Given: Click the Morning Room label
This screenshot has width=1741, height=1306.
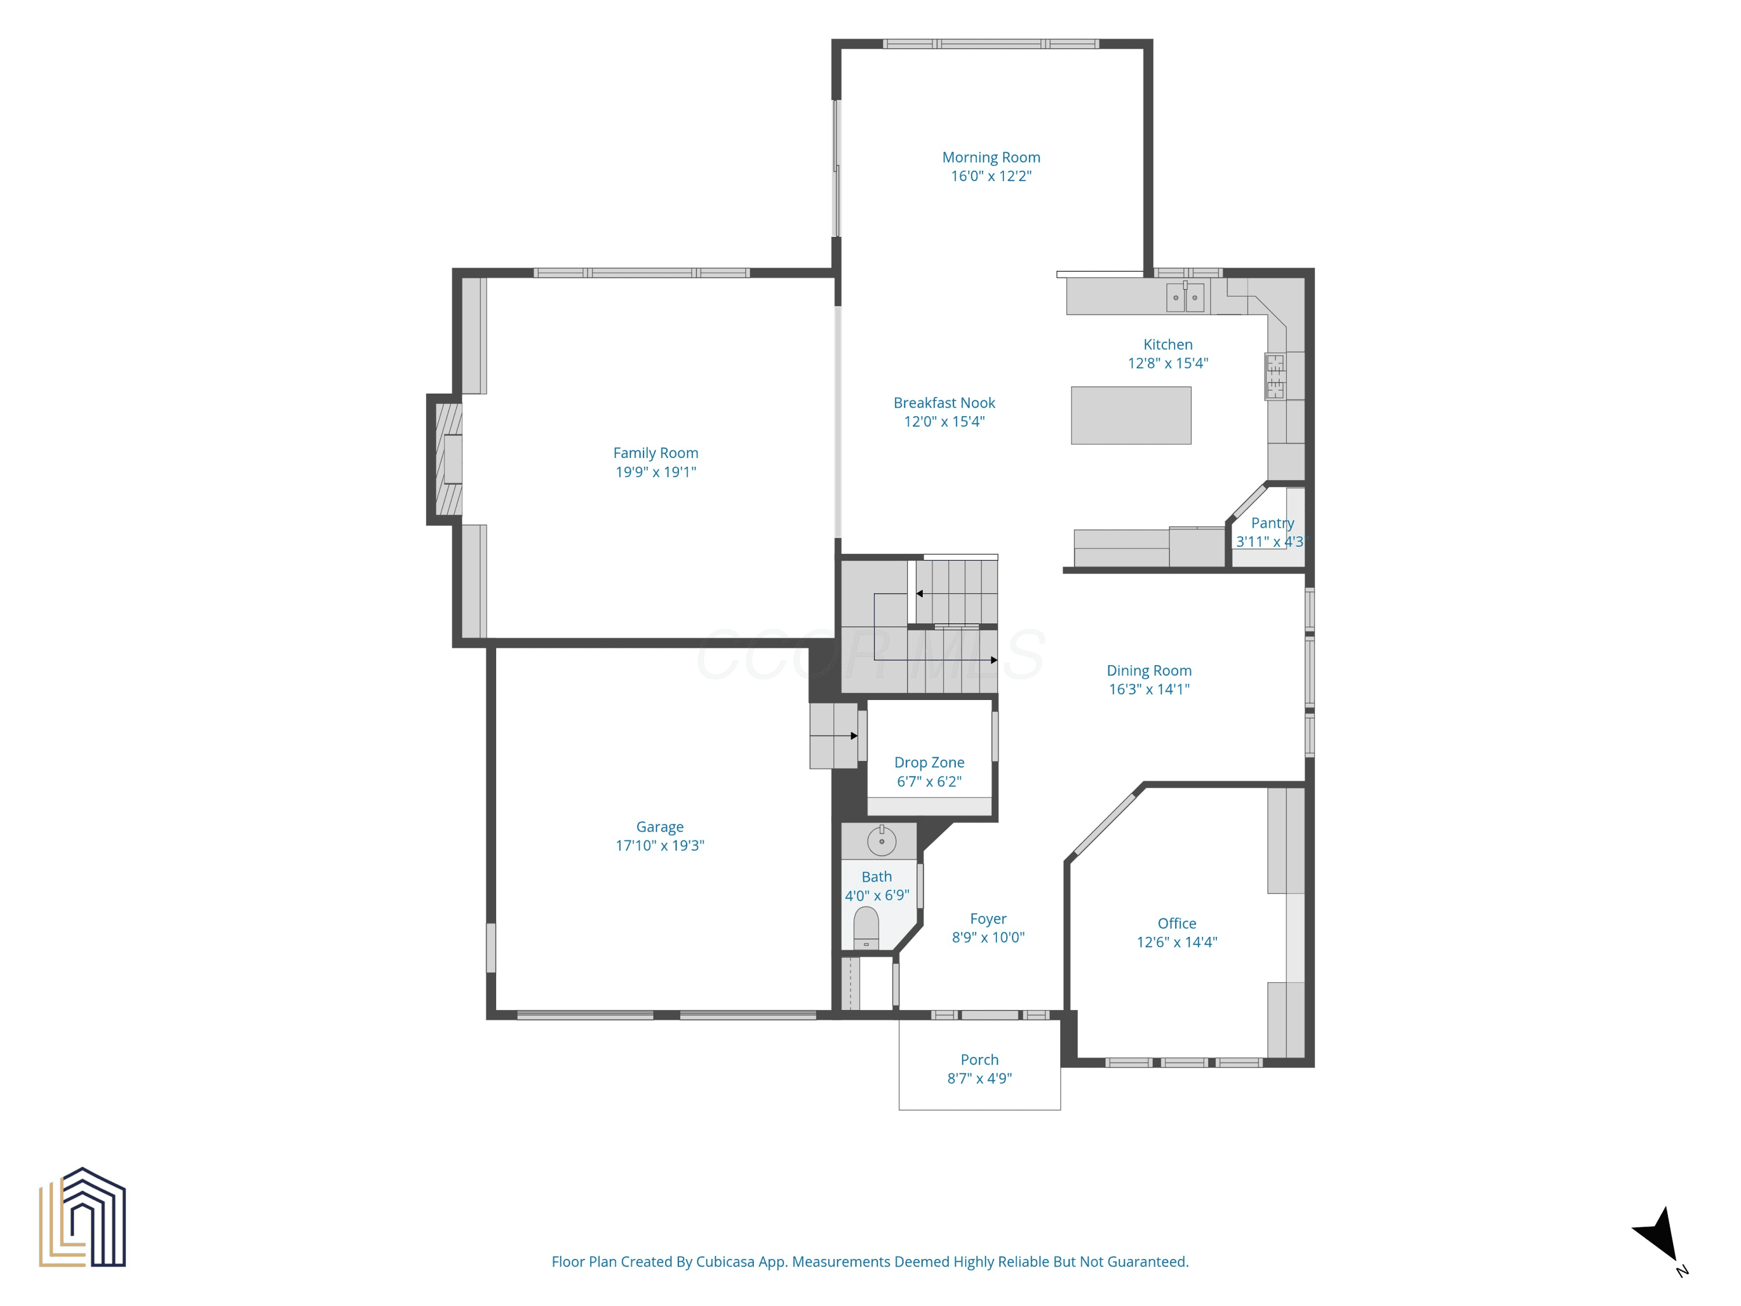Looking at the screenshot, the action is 991,157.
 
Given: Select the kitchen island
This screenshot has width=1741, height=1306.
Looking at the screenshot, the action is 1131,416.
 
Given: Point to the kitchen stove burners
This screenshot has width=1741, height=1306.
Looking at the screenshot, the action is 1275,376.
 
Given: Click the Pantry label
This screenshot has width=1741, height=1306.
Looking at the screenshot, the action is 1273,523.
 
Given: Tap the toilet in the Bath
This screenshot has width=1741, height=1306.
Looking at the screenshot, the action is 866,928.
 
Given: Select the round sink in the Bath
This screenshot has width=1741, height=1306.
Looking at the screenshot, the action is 882,840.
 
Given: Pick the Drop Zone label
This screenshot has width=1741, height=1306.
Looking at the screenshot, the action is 930,762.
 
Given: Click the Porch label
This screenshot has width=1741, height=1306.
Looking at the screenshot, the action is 979,1059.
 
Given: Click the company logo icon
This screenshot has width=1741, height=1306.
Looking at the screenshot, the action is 82,1217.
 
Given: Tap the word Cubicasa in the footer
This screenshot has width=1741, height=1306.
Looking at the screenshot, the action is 725,1262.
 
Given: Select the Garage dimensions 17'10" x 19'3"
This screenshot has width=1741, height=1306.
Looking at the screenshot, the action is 660,846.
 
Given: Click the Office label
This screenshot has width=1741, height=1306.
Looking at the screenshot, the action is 1177,923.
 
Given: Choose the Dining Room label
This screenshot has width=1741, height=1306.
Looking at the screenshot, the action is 1149,671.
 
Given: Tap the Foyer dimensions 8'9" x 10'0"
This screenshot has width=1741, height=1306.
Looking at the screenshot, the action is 988,937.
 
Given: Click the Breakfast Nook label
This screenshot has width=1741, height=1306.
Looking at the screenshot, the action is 944,403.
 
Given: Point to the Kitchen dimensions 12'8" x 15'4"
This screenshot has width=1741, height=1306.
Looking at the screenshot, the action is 1168,363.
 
